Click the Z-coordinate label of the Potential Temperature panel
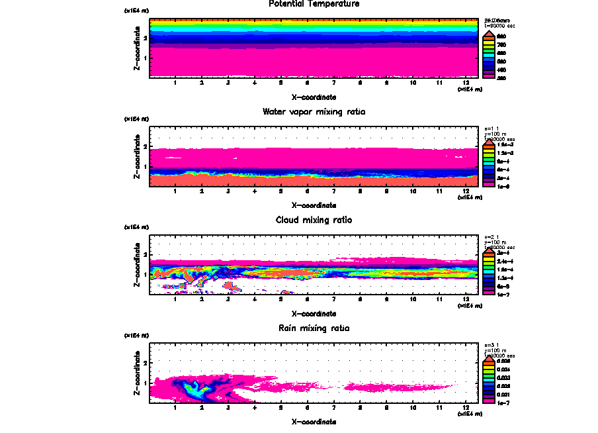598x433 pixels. [137, 49]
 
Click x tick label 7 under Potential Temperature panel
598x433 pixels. [334, 83]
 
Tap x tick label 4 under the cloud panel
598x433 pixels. [255, 300]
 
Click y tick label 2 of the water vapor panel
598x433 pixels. [144, 146]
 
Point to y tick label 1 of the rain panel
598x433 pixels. [144, 383]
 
